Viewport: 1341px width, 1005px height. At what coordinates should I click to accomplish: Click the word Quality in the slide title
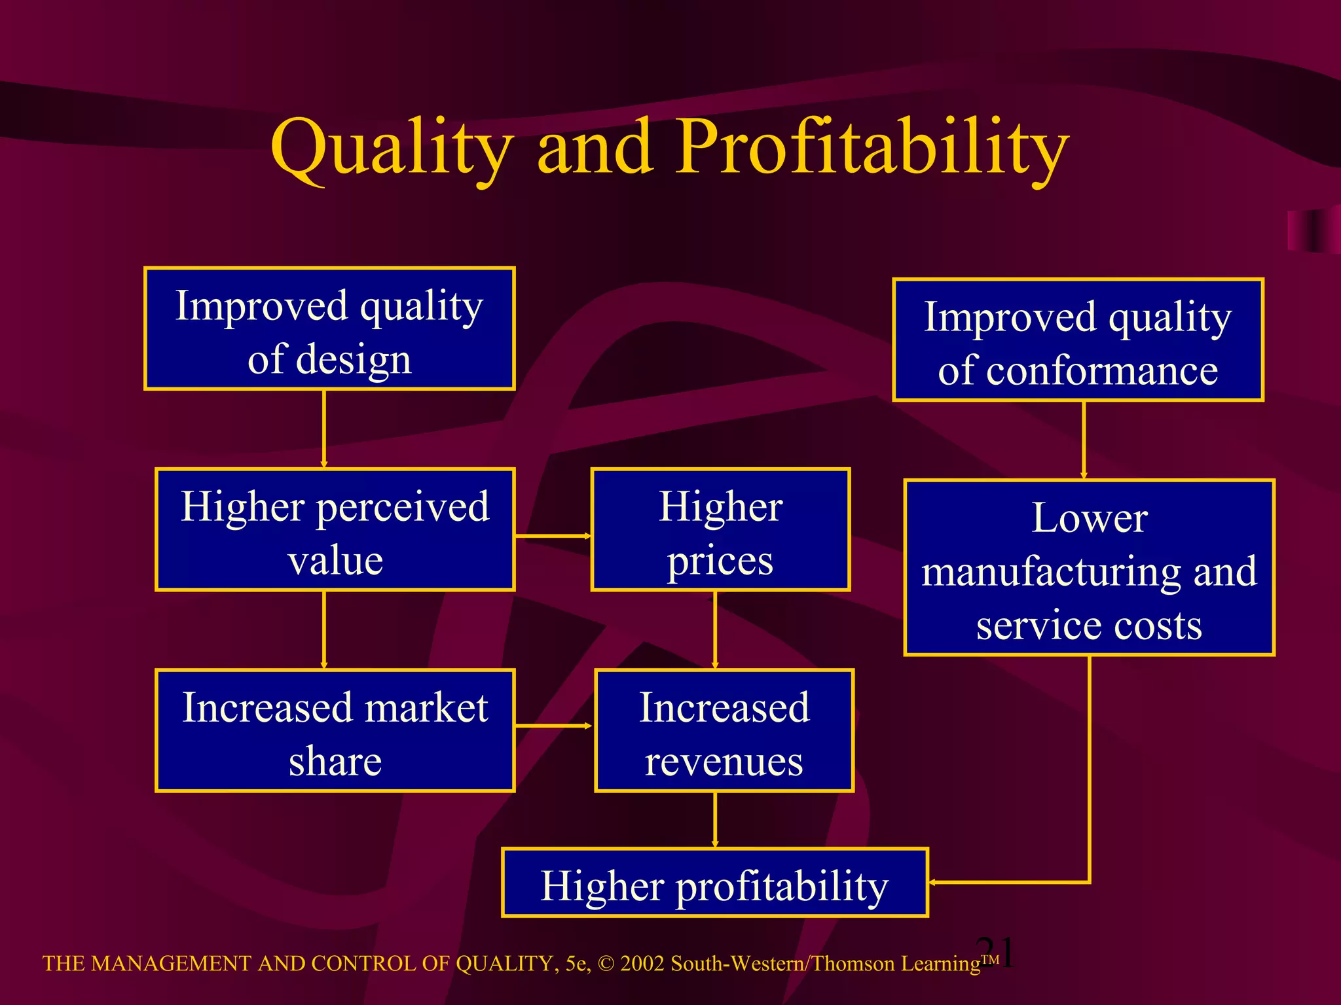coord(391,148)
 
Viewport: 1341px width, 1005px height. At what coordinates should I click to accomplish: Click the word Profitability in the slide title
coord(871,148)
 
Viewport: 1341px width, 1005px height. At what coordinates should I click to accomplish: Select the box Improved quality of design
coord(329,329)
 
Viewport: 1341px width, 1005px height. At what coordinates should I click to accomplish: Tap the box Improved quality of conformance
coord(1078,340)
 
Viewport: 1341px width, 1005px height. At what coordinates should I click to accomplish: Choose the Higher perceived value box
coord(335,530)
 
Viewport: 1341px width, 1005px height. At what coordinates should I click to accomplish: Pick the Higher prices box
coord(720,530)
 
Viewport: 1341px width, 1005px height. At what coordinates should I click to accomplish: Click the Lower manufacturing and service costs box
coord(1089,568)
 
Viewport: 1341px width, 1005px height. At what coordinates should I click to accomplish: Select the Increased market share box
coord(335,731)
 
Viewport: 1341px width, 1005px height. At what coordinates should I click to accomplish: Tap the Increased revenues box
coord(724,731)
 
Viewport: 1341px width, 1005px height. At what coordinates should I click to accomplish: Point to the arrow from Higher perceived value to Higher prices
coord(553,536)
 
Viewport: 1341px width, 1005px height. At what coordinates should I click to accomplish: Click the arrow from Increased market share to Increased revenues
coord(554,726)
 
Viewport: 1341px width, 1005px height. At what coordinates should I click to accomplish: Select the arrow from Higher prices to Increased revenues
coord(715,629)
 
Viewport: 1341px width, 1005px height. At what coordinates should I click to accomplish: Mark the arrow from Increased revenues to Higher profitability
coord(715,820)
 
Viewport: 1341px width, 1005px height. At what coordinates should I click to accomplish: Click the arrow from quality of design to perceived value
coord(324,429)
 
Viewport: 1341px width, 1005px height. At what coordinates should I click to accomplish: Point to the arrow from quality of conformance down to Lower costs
coord(1084,440)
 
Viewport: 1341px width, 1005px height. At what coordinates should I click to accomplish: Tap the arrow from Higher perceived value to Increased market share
coord(324,629)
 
